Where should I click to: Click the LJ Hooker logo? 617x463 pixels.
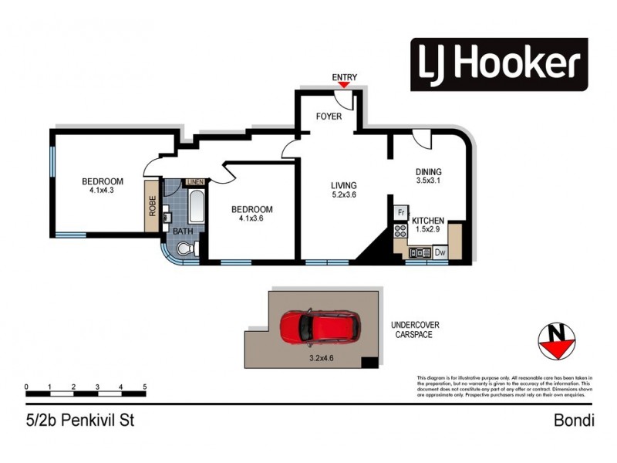point(498,64)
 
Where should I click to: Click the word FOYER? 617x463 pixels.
point(328,117)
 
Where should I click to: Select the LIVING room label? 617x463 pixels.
point(344,185)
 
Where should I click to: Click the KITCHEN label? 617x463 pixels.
point(427,221)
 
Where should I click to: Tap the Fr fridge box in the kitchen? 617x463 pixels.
point(401,212)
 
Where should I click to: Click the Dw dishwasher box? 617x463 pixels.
point(440,252)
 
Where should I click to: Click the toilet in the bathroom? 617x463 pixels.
point(184,248)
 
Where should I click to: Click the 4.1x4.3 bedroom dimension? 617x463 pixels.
point(103,192)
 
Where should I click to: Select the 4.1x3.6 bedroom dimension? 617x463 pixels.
point(252,220)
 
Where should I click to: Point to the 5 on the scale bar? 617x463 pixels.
point(144,386)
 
